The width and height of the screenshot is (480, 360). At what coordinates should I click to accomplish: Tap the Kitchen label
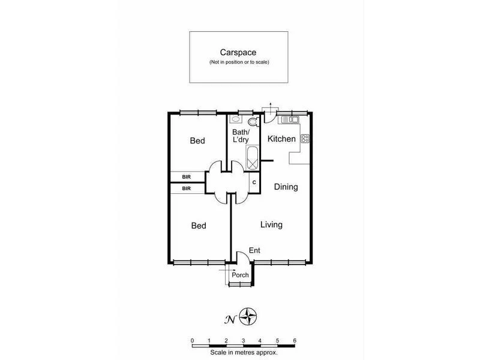pos(281,139)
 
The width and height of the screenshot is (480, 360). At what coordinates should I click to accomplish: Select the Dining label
pos(286,187)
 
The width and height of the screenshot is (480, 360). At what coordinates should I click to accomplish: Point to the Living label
pos(271,225)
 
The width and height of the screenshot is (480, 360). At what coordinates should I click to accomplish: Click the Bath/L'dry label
pos(240,136)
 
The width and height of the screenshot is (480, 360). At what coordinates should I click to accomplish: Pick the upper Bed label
pos(197,141)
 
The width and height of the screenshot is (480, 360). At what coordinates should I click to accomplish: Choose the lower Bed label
pos(199,226)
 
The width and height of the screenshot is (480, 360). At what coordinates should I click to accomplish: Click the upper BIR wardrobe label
pos(187,177)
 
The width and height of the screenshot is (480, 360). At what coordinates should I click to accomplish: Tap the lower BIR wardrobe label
pos(187,188)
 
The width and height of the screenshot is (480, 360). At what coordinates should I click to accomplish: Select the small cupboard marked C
pos(254,182)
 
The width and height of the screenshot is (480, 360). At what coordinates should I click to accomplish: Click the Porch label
pos(241,275)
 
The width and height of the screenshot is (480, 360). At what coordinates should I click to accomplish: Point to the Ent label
pos(255,250)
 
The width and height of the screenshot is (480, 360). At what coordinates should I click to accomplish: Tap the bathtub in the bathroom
pos(253,158)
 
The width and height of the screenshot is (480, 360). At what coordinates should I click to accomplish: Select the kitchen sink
pos(289,121)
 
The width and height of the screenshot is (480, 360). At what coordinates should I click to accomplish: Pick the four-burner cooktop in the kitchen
pos(304,139)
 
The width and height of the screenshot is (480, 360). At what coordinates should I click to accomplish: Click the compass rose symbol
pos(248,316)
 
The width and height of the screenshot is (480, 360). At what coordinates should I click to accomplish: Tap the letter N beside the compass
pos(229,319)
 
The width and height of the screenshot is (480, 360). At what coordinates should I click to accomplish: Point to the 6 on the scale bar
pos(295,340)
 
